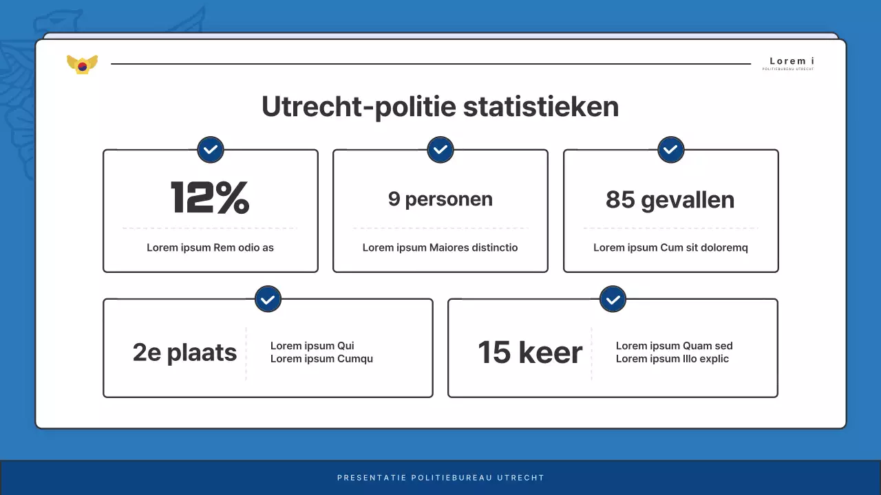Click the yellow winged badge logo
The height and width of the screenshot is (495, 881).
82,64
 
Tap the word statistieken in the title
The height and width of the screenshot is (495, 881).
540,107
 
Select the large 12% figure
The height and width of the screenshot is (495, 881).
210,198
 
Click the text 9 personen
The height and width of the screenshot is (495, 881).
440,199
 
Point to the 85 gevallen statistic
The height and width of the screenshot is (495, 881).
670,200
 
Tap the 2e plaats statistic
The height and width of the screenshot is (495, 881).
184,353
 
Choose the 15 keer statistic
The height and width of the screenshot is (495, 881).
530,353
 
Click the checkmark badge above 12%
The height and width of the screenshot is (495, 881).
211,149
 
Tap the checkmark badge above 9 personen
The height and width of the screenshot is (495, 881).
440,149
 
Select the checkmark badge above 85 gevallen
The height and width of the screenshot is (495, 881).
671,149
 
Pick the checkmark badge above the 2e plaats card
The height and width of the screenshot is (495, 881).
268,299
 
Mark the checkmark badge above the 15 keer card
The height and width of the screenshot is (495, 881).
613,299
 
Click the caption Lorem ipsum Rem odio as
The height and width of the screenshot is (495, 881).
210,247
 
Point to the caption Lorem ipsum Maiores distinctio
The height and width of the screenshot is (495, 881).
440,247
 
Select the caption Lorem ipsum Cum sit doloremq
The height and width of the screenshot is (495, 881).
670,247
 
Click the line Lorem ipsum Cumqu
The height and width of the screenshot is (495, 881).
321,359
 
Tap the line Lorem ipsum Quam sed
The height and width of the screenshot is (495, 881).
674,346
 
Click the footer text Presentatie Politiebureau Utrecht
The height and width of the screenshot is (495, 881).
440,478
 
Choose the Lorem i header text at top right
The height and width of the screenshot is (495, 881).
792,61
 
